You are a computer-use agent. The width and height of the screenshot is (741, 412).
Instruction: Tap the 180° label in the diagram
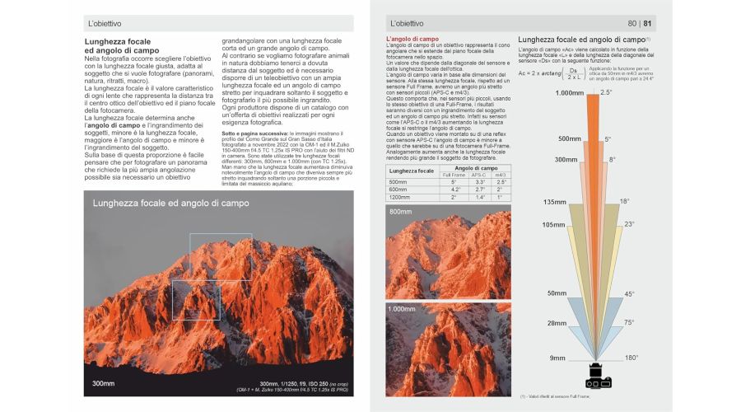pos(630,358)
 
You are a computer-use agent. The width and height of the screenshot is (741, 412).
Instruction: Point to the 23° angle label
pos(628,224)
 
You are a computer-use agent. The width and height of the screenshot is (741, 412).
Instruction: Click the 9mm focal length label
pos(557,358)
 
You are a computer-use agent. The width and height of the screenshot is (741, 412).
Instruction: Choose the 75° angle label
pos(628,322)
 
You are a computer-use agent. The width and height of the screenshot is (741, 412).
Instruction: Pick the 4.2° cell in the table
pos(453,190)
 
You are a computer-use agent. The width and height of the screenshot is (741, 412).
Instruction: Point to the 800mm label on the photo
pos(401,213)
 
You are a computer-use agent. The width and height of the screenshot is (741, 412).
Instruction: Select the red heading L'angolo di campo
pos(412,39)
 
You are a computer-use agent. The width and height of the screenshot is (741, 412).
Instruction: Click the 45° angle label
pos(628,294)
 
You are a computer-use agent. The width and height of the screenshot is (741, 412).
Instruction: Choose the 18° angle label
pos(625,201)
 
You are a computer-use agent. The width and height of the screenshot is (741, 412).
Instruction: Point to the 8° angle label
pos(612,159)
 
